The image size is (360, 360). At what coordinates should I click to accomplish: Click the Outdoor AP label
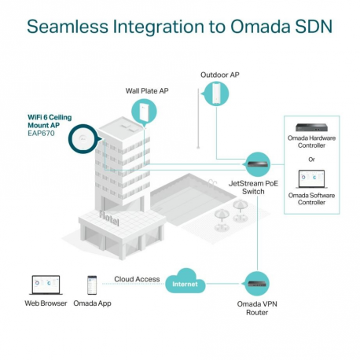click(220, 75)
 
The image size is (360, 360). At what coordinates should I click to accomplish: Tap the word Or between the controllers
click(313, 160)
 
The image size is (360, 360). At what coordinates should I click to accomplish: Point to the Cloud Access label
click(137, 279)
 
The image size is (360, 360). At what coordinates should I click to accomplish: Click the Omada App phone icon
click(92, 285)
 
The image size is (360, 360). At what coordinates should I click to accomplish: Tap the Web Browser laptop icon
click(42, 285)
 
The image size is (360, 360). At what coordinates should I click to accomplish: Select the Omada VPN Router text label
click(258, 308)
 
